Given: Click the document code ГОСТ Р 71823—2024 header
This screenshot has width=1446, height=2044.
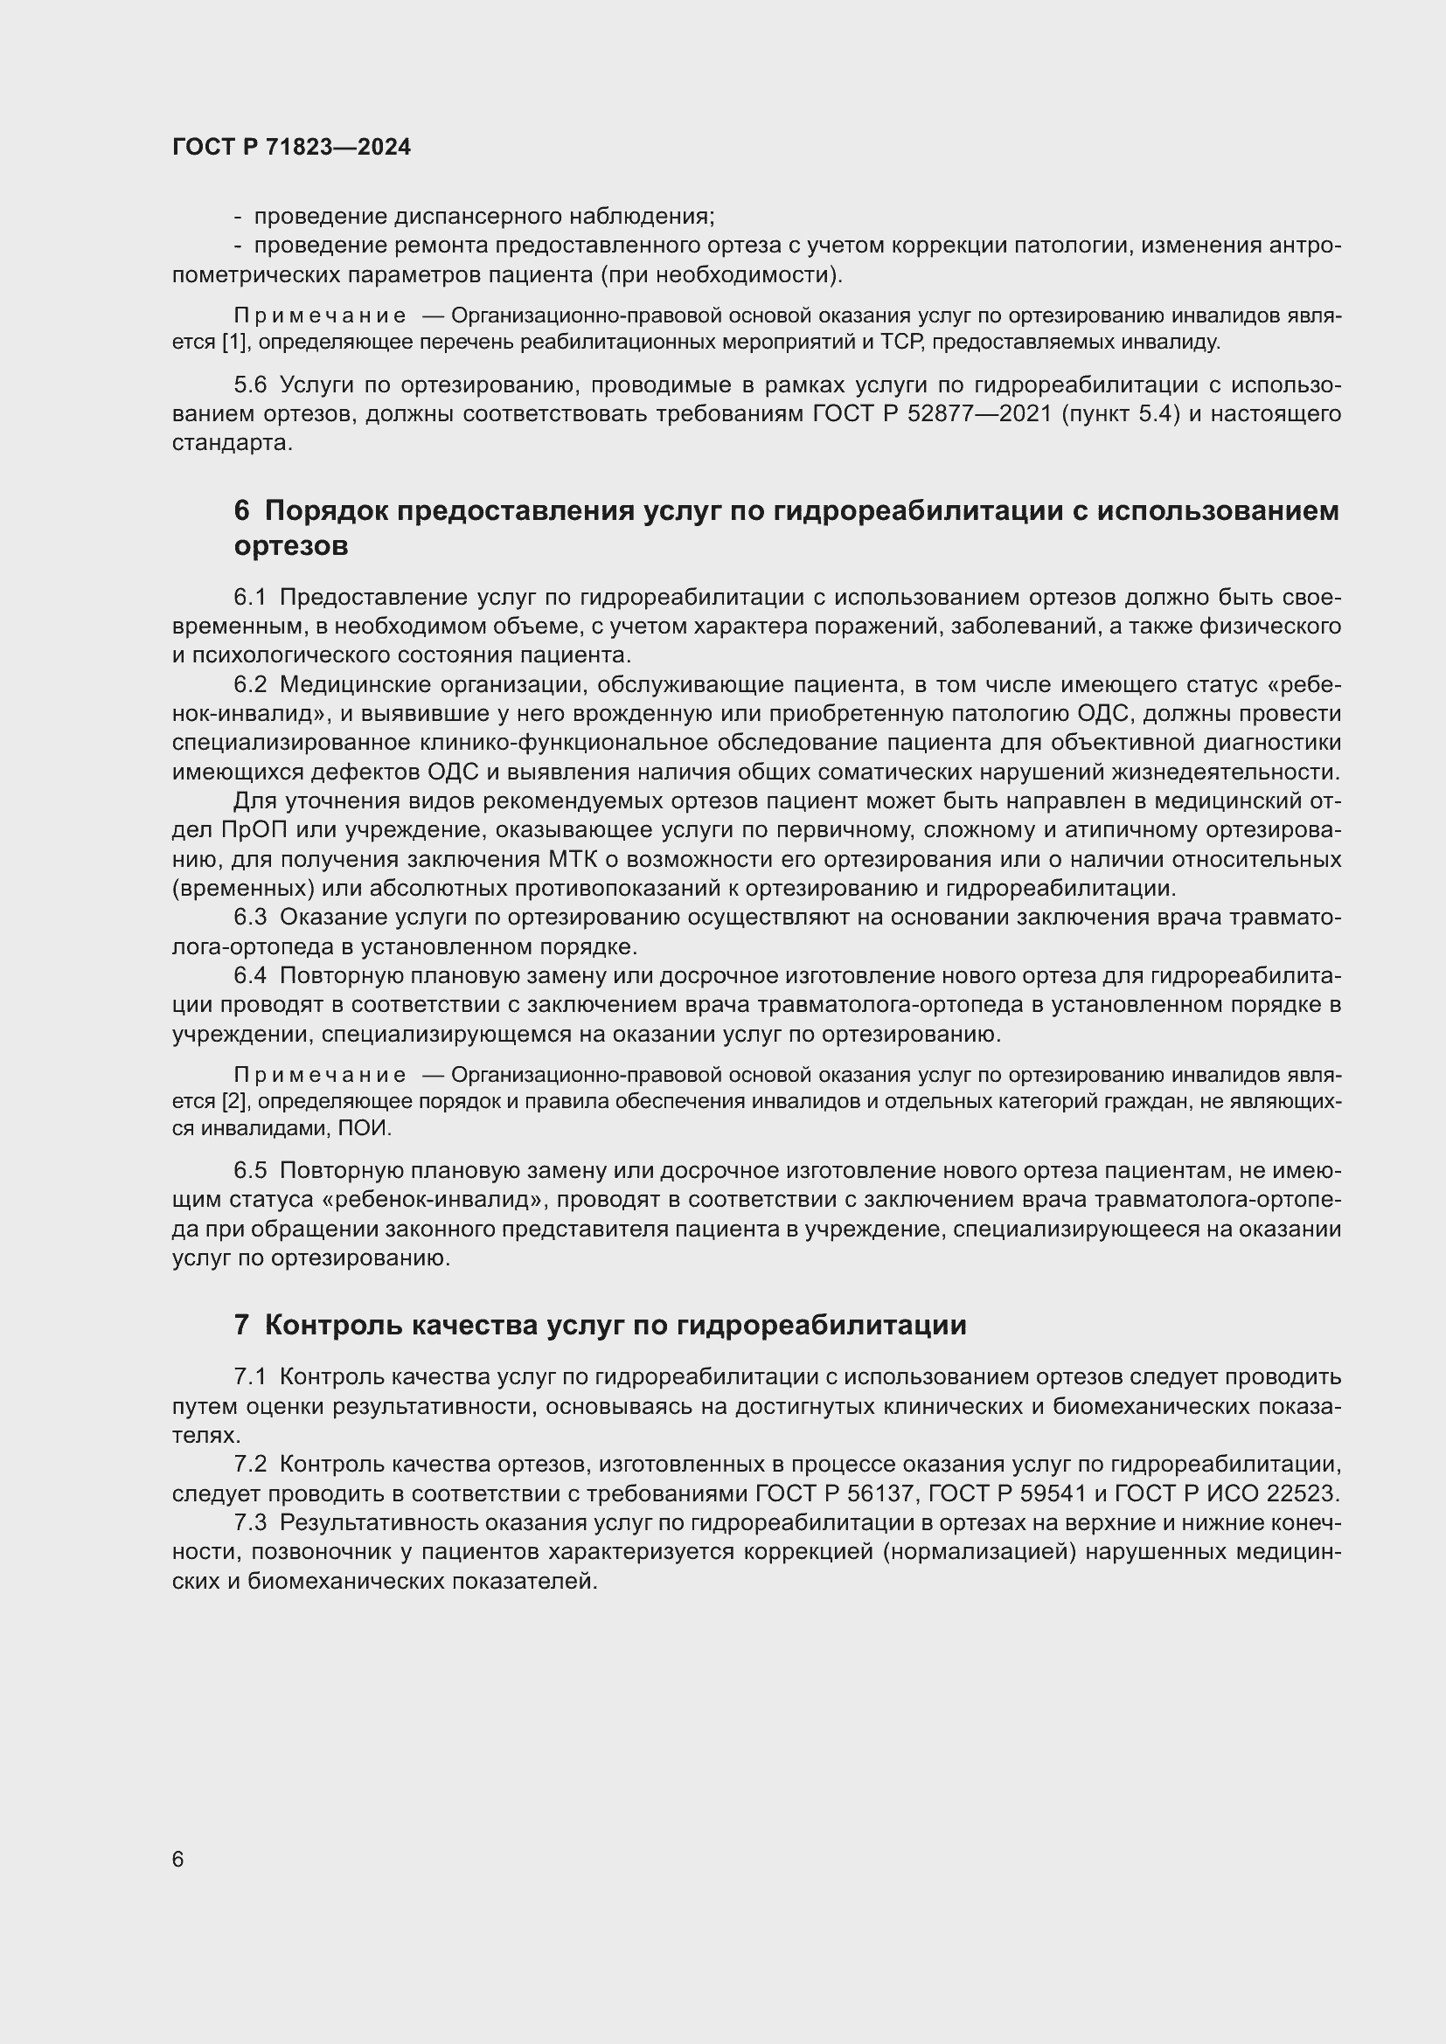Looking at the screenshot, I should [291, 148].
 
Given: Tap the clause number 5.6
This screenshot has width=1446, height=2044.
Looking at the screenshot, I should [250, 385].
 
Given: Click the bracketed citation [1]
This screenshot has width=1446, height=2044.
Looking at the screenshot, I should [234, 342].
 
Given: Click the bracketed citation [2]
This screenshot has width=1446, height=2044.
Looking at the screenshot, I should [234, 1101].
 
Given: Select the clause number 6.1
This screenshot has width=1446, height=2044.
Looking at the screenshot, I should [250, 597].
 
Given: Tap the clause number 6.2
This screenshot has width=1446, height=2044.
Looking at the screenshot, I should [250, 684].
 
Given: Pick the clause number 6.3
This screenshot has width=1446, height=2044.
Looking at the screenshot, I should [250, 917].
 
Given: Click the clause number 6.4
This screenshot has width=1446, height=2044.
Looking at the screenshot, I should [250, 976].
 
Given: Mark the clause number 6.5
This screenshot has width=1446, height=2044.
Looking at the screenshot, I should [250, 1171].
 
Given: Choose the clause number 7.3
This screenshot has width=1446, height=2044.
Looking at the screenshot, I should [250, 1523].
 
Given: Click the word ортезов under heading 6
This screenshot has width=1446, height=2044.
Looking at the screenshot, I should [290, 545].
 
